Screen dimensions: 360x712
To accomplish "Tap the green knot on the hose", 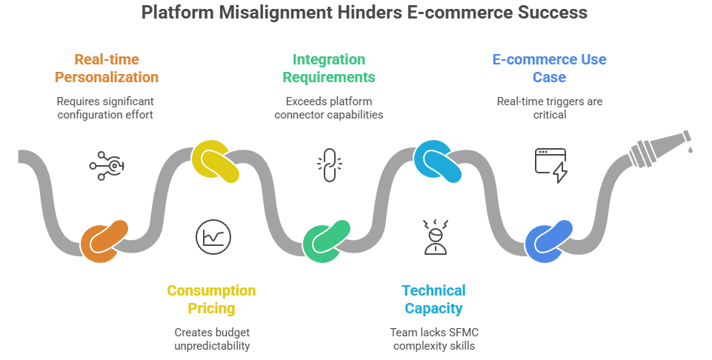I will click(326, 241).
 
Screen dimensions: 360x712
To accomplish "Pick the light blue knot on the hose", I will click(437, 161).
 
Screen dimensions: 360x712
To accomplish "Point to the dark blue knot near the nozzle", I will click(549, 241).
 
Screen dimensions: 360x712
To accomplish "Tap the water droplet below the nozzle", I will click(690, 150).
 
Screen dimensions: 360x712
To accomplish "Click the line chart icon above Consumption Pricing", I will click(213, 236).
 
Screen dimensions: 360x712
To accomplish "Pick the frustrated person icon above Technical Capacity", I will click(436, 237).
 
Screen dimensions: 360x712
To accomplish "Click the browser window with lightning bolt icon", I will click(550, 165).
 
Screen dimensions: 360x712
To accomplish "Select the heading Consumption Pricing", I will click(211, 299).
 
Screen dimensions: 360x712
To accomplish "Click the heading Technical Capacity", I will click(433, 299).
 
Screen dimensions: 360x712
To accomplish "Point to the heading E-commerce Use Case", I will click(550, 67).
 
